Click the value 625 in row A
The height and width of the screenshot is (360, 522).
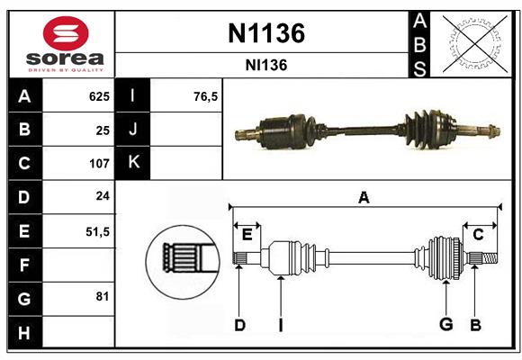98,96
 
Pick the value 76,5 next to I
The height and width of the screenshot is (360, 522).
206,96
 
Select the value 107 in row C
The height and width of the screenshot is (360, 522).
98,164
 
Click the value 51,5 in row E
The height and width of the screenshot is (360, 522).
96,231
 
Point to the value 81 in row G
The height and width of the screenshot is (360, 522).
103,296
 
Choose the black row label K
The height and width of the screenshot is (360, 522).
133,163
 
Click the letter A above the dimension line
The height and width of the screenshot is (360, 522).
364,197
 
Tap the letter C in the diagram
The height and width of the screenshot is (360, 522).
478,235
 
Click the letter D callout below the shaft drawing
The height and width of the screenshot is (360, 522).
239,325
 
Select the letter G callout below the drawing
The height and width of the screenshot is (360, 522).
445,325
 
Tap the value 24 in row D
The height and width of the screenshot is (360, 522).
102,197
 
